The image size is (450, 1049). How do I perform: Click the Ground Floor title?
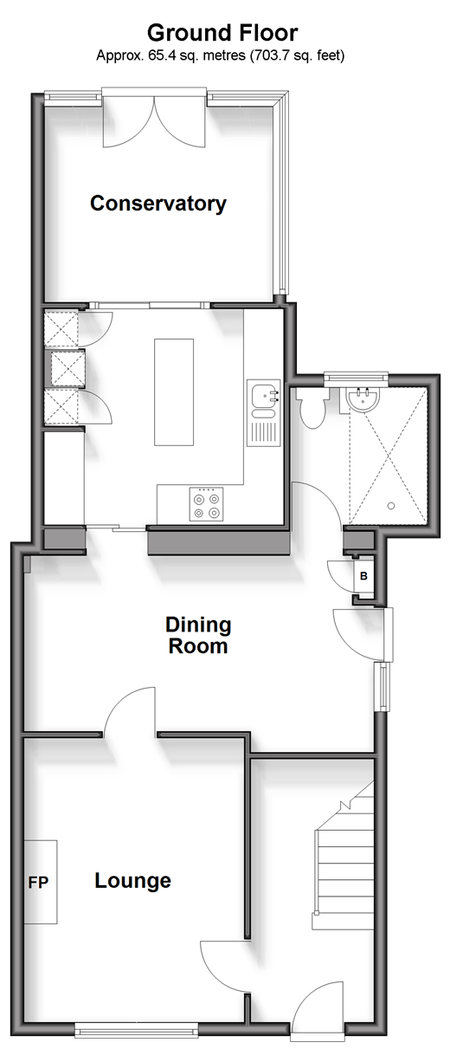222,34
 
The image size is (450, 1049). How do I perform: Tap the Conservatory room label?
158,204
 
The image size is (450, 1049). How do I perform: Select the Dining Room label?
198,636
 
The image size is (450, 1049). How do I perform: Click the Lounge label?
133,881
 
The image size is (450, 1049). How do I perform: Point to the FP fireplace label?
38,883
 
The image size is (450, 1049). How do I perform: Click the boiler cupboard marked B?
363,576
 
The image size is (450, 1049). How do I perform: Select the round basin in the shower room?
363,400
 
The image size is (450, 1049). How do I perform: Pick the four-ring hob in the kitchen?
206,504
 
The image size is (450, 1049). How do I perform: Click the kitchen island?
174,392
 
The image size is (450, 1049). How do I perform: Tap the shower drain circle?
391,506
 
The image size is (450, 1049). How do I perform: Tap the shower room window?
357,376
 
